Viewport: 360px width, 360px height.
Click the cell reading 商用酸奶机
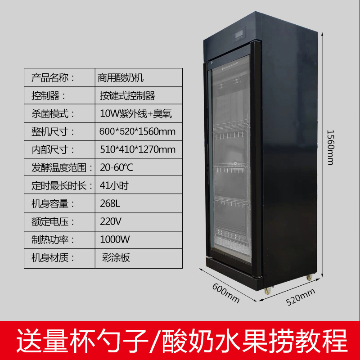click(120, 77)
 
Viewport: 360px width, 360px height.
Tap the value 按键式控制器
click(127, 95)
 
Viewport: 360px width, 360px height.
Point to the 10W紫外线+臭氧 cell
click(135, 113)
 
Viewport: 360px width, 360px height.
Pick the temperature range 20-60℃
click(117, 167)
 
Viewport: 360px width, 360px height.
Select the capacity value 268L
click(110, 203)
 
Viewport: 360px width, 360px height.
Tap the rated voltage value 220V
click(110, 221)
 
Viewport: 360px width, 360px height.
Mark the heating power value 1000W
click(112, 239)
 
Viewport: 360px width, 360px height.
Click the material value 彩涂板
click(116, 257)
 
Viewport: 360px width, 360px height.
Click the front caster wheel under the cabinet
click(267, 292)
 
